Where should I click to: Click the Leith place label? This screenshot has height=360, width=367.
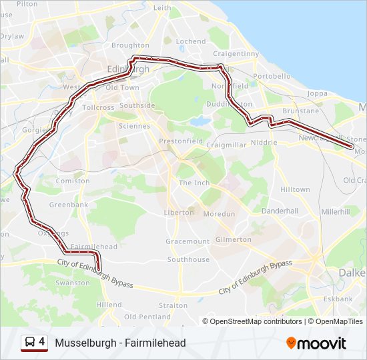162,8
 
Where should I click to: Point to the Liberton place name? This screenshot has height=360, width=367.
179,213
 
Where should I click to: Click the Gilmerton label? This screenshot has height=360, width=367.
234,239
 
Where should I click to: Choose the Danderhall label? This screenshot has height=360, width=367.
280,211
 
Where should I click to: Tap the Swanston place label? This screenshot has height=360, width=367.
73,283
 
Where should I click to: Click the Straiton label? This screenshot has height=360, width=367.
173,305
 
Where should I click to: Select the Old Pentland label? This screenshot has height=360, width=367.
147,317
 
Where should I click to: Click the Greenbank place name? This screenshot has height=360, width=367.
69,205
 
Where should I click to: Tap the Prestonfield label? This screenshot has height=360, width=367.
180,141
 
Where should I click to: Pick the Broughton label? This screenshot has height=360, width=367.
130,45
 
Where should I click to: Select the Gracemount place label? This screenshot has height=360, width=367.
188,241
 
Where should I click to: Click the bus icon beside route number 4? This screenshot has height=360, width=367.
30,343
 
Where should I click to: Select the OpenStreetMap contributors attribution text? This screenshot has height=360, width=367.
256,321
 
